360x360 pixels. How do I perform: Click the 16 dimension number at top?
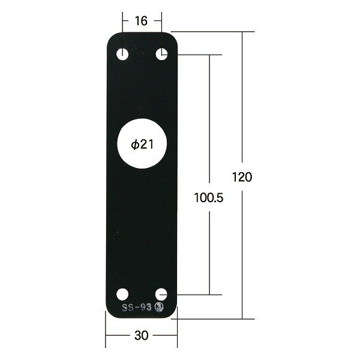click(x=141, y=21)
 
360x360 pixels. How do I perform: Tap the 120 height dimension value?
click(x=242, y=177)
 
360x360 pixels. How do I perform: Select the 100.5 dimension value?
click(x=208, y=197)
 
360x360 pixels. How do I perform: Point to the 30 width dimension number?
click(x=141, y=335)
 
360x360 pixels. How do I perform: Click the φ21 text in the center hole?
click(x=142, y=145)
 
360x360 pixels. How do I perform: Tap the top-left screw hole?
click(x=122, y=55)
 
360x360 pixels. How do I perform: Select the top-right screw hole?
click(x=161, y=54)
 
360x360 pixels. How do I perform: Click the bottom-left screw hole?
click(x=122, y=295)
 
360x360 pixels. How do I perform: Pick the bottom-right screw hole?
click(x=161, y=295)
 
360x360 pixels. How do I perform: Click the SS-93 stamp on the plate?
click(x=137, y=307)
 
